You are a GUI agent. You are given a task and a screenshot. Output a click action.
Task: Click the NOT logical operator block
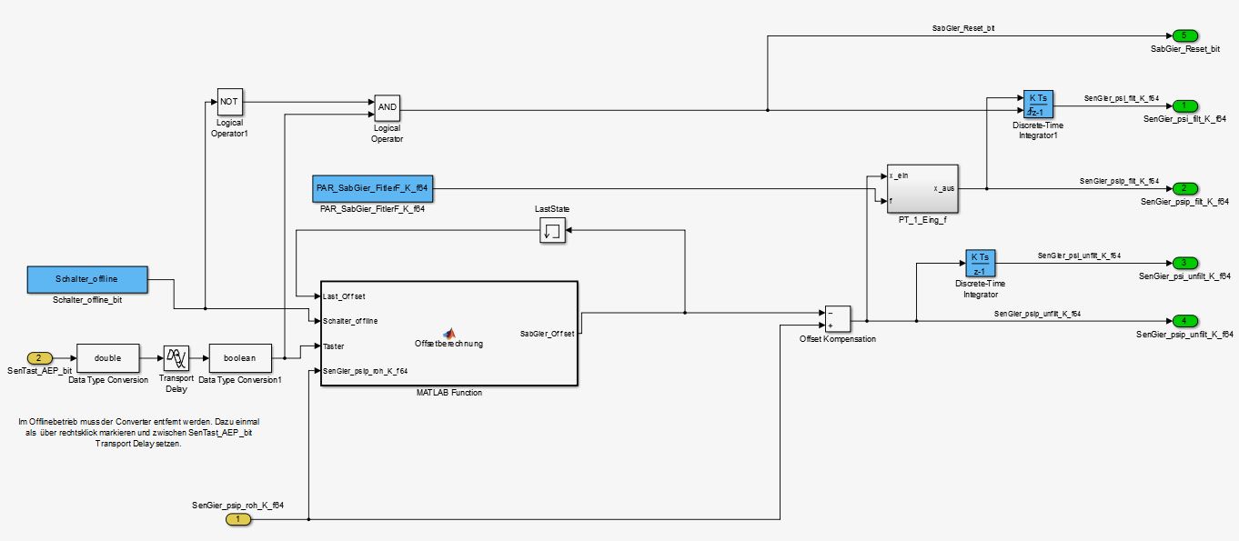pyautogui.click(x=229, y=102)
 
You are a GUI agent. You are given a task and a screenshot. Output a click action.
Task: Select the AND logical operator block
pyautogui.click(x=387, y=108)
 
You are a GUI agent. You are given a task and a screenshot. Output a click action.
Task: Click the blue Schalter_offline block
pyautogui.click(x=87, y=279)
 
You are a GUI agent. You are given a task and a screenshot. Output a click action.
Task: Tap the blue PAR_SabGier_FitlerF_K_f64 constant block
pyautogui.click(x=371, y=188)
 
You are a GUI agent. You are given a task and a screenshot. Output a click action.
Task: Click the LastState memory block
pyautogui.click(x=552, y=232)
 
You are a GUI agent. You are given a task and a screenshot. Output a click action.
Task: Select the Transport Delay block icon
pyautogui.click(x=176, y=358)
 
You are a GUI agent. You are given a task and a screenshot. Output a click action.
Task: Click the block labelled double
pyautogui.click(x=107, y=358)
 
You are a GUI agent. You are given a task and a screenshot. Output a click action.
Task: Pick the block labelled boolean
pyautogui.click(x=240, y=358)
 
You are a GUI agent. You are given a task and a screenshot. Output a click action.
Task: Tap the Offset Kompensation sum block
pyautogui.click(x=836, y=319)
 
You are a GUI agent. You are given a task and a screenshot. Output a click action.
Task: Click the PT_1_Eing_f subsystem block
pyautogui.click(x=922, y=188)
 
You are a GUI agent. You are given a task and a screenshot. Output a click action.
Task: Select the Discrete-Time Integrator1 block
pyautogui.click(x=1038, y=105)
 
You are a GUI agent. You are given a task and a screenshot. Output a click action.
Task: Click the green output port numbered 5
pyautogui.click(x=1184, y=35)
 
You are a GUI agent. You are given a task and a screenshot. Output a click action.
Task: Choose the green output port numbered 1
pyautogui.click(x=1184, y=105)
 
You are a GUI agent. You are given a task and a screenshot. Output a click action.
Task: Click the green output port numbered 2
pyautogui.click(x=1184, y=188)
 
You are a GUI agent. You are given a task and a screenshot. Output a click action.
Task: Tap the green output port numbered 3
pyautogui.click(x=1184, y=263)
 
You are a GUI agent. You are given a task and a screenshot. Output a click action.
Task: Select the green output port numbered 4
pyautogui.click(x=1184, y=321)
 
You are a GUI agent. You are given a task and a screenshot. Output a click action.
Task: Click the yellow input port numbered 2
pyautogui.click(x=38, y=358)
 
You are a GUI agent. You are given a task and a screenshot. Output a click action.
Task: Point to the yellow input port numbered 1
pyautogui.click(x=237, y=519)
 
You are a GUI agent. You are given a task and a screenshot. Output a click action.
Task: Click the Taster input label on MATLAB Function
pyautogui.click(x=334, y=346)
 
